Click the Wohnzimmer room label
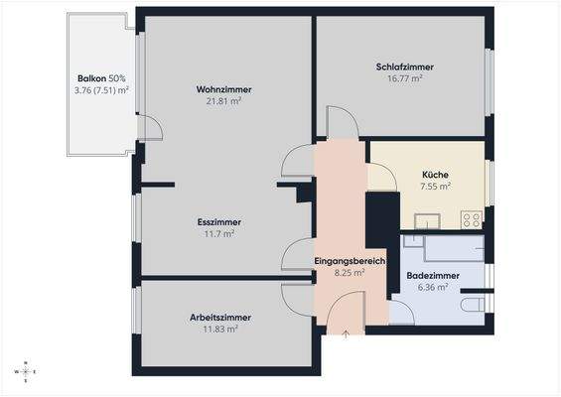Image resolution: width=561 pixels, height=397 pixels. coord(223,89)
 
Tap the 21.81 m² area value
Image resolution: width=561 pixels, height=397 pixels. coord(223,101)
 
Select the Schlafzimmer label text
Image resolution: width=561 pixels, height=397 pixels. coord(404,66)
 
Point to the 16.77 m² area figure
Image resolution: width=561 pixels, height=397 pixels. coord(404,78)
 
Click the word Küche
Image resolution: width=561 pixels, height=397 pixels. coord(435,174)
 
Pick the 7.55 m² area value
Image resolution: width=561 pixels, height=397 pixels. coord(435,186)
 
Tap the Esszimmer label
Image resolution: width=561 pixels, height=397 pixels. coord(219,222)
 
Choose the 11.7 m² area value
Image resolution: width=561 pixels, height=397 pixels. coord(219,234)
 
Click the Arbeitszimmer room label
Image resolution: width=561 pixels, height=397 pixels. coord(219,317)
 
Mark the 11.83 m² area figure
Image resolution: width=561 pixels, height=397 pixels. coord(219,329)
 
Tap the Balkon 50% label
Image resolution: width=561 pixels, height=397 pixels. coord(101,78)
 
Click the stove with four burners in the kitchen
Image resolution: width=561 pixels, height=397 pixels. coord(472,219)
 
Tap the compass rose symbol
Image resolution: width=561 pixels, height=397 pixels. coord(22,372)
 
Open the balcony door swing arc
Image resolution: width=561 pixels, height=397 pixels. coord(150,127)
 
